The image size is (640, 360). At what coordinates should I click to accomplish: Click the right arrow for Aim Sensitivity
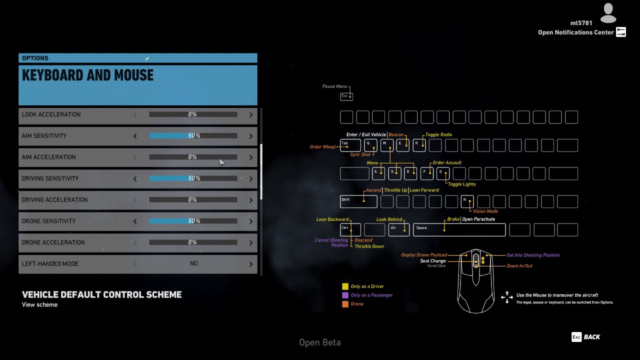pyautogui.click(x=251, y=136)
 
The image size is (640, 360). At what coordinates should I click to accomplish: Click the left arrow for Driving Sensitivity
pyautogui.click(x=135, y=178)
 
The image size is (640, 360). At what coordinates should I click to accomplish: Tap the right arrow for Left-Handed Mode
pyautogui.click(x=251, y=264)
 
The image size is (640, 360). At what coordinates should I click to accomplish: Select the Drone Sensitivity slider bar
pyautogui.click(x=193, y=221)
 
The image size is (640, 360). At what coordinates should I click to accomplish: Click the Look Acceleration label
pyautogui.click(x=51, y=114)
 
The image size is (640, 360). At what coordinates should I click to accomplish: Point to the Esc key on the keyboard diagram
pyautogui.click(x=346, y=96)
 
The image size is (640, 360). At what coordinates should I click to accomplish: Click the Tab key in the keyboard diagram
pyautogui.click(x=350, y=145)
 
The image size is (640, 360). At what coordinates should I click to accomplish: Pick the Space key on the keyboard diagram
pyautogui.click(x=459, y=229)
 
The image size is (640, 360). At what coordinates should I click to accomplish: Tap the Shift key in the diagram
pyautogui.click(x=358, y=201)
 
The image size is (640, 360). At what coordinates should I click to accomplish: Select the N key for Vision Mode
pyautogui.click(x=467, y=201)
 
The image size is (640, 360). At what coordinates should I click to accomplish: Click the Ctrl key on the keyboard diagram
pyautogui.click(x=350, y=229)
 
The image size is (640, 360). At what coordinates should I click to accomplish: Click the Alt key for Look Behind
pyautogui.click(x=398, y=229)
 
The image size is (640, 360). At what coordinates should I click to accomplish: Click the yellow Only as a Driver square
pyautogui.click(x=345, y=286)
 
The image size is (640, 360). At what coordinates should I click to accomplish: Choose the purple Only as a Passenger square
pyautogui.click(x=345, y=295)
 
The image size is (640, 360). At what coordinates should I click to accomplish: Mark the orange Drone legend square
pyautogui.click(x=345, y=304)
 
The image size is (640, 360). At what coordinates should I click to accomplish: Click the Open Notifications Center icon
pyautogui.click(x=620, y=32)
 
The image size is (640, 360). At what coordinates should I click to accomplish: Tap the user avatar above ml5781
pyautogui.click(x=608, y=12)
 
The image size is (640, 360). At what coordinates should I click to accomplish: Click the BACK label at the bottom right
pyautogui.click(x=592, y=337)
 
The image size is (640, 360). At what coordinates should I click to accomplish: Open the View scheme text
pyautogui.click(x=39, y=304)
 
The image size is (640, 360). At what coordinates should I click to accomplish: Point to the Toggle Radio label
pyautogui.click(x=438, y=134)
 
